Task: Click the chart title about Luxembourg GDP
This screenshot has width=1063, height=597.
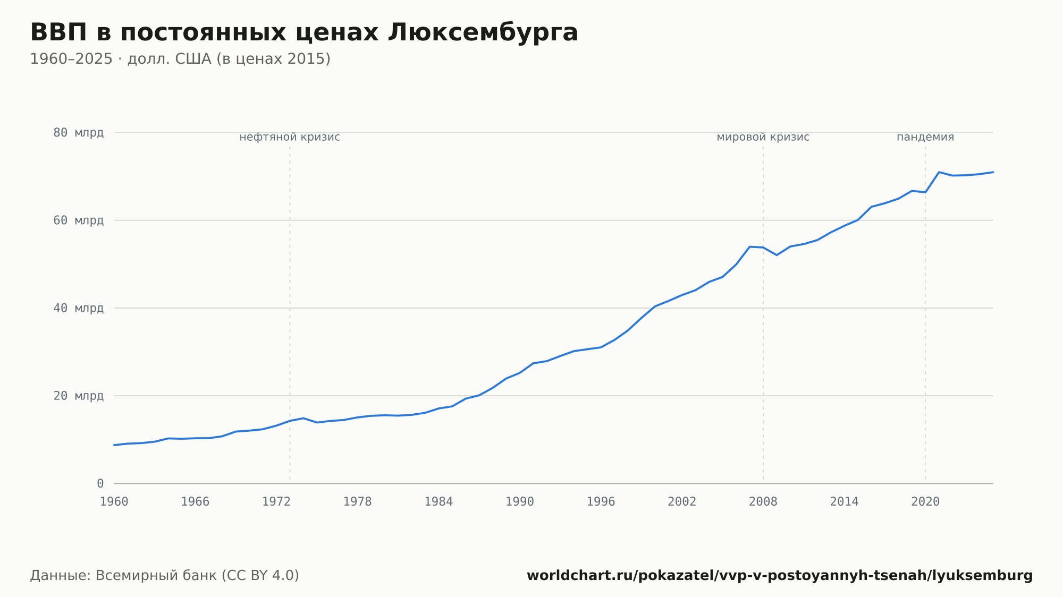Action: click(304, 33)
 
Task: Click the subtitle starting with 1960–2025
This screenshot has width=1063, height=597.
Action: click(180, 59)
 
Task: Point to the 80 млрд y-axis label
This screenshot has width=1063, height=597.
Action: click(78, 133)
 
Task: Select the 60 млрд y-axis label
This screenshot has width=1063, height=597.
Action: click(78, 220)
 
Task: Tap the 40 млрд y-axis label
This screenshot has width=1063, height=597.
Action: click(78, 308)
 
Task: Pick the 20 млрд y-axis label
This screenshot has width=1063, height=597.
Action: click(78, 396)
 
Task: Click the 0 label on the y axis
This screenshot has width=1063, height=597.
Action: click(100, 483)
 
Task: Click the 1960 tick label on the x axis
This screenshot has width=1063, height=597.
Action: click(114, 502)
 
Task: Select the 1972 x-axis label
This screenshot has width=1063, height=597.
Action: click(276, 502)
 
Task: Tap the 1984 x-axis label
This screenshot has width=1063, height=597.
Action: click(438, 502)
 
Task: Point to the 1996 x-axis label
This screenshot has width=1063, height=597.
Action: click(601, 502)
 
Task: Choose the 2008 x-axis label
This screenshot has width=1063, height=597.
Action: click(763, 502)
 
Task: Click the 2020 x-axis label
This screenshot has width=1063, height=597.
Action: click(925, 502)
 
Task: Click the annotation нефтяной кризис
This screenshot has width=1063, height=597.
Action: click(290, 138)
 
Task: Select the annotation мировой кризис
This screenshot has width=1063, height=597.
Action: click(763, 138)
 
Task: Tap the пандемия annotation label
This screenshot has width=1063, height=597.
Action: click(925, 138)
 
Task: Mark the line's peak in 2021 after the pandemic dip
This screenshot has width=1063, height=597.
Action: click(939, 172)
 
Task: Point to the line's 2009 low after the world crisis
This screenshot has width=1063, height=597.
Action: click(777, 255)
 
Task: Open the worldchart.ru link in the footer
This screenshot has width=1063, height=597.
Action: click(780, 576)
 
